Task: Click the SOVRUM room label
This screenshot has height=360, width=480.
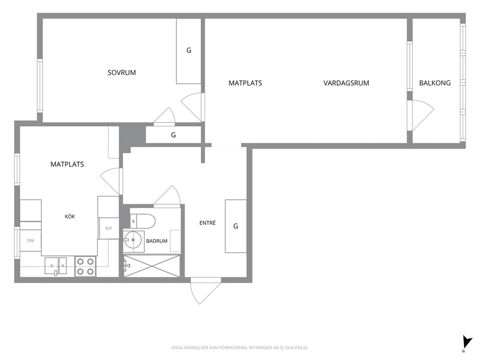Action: pos(121,73)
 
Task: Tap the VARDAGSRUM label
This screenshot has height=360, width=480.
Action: pos(346,83)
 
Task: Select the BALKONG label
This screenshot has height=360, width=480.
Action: pos(435,83)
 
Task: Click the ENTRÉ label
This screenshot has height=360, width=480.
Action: pos(208,223)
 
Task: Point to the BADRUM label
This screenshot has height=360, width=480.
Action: pos(157,241)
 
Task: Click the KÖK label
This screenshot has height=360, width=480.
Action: pos(70,216)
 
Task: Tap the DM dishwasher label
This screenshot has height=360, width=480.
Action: pos(30,240)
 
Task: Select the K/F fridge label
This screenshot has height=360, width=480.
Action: pos(109,228)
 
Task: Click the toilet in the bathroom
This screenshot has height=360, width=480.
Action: pos(143,221)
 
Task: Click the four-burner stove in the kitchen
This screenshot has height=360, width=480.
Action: pos(86,267)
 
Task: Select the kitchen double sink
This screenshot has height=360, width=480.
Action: pos(56,266)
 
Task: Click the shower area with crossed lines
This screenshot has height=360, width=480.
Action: pos(152,266)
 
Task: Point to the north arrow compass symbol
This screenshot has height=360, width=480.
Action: pos(466,344)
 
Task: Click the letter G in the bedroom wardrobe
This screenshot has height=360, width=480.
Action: pos(189,50)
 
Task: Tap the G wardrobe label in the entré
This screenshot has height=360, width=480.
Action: pos(236,226)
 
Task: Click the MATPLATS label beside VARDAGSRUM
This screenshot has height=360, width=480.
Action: pos(245,83)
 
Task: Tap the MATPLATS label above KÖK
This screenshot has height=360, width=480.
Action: pos(67,165)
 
